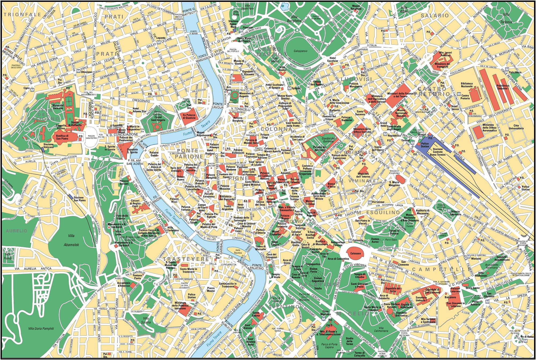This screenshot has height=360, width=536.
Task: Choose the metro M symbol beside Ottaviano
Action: [x=78, y=72]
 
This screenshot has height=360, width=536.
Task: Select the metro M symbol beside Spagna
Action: [x=289, y=88]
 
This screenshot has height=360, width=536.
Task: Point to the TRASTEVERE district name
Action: [x=185, y=259]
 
